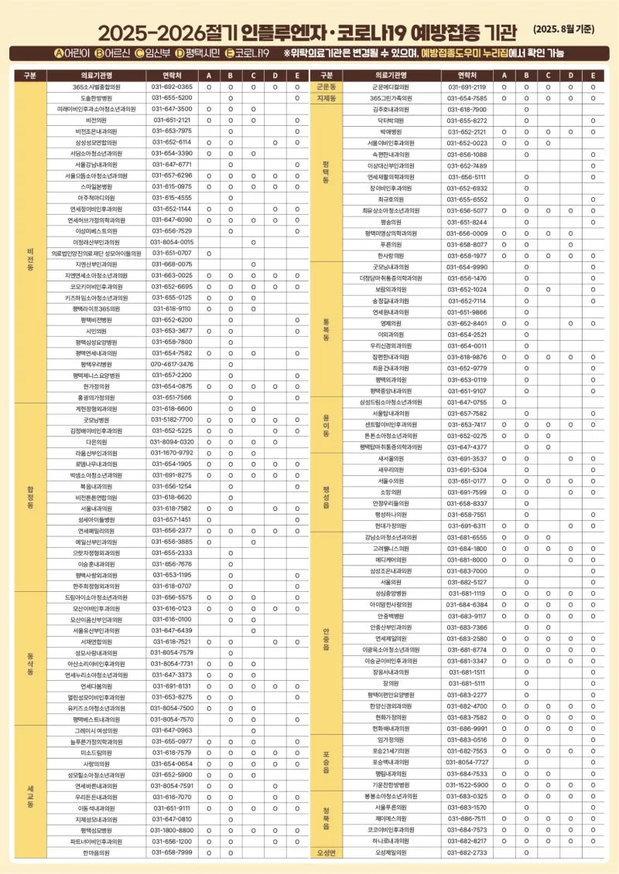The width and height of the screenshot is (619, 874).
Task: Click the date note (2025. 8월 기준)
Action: tap(564, 29)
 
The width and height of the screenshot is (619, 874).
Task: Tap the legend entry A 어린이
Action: tap(74, 53)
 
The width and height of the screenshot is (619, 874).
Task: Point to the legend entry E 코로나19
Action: tap(247, 53)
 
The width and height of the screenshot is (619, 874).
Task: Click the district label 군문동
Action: tap(326, 87)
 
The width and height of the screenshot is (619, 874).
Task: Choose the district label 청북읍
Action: tap(326, 818)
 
